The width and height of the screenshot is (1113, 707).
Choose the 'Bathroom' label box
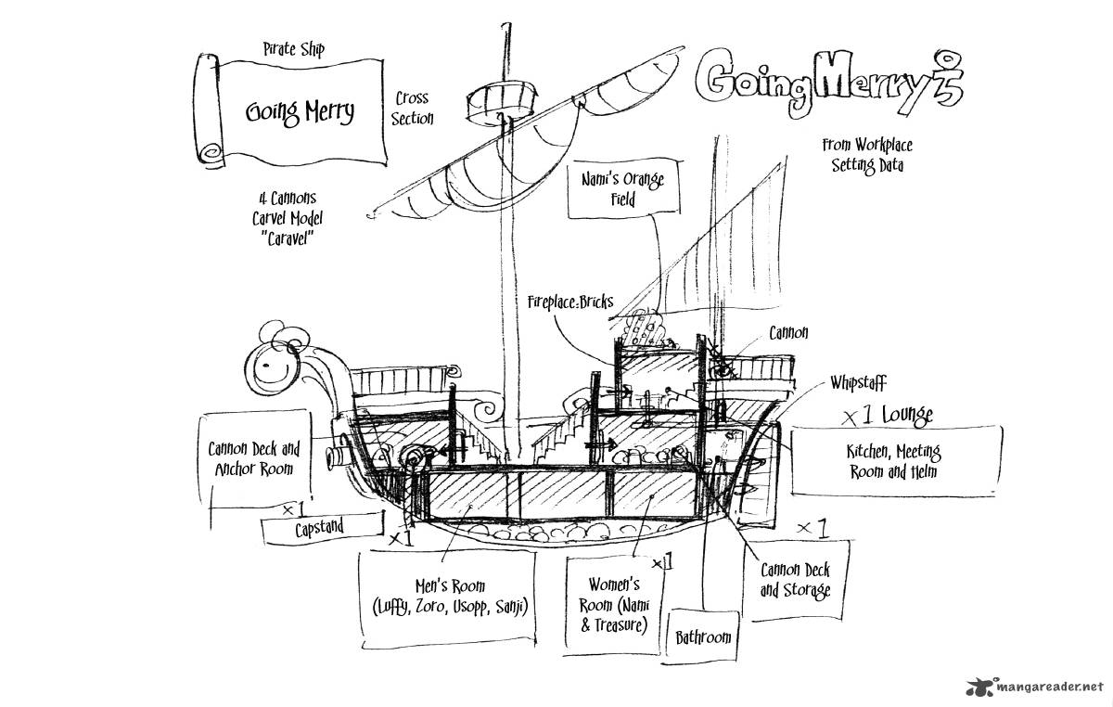(x=702, y=636)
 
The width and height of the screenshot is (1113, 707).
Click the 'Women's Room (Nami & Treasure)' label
(x=615, y=604)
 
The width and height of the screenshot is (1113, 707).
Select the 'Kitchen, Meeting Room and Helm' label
(x=892, y=461)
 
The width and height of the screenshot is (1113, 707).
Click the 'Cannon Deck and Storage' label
(x=795, y=580)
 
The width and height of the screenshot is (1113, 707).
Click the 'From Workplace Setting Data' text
(x=866, y=155)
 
